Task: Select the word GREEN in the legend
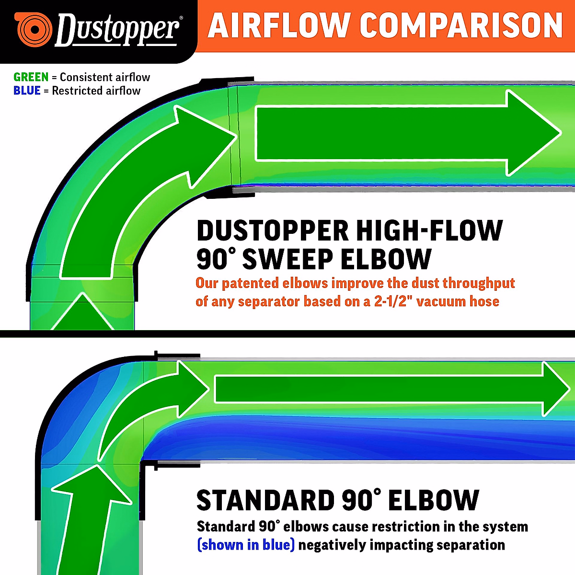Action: [x=31, y=77]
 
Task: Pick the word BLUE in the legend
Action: [x=27, y=91]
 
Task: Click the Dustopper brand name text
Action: [x=118, y=30]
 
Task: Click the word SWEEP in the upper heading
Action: [x=287, y=259]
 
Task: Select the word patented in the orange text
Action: [x=251, y=283]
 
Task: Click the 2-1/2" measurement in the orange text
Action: [x=393, y=301]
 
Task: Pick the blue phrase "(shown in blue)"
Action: [x=246, y=545]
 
